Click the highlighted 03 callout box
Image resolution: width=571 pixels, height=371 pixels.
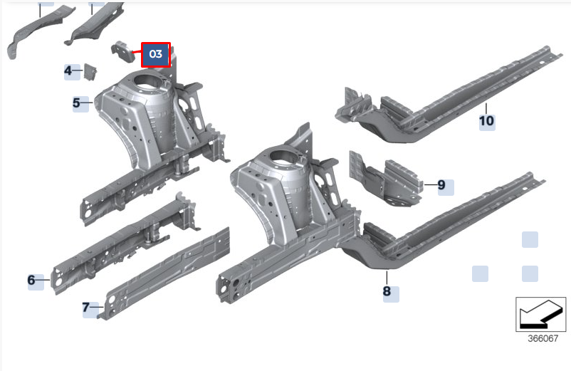click(x=156, y=55)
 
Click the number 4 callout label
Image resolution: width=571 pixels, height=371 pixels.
click(x=68, y=70)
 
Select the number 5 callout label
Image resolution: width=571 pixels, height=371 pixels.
click(x=76, y=103)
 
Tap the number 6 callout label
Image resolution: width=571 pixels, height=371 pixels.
click(x=31, y=280)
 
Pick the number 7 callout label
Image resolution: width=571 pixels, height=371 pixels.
click(x=85, y=308)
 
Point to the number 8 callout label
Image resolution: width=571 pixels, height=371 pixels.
click(x=387, y=291)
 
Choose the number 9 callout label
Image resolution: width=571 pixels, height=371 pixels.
click(x=441, y=185)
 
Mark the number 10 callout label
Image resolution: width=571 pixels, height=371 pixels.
click(x=486, y=121)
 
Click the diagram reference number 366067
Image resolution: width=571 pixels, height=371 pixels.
click(x=543, y=338)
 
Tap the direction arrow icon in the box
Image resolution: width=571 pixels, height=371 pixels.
click(x=541, y=315)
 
